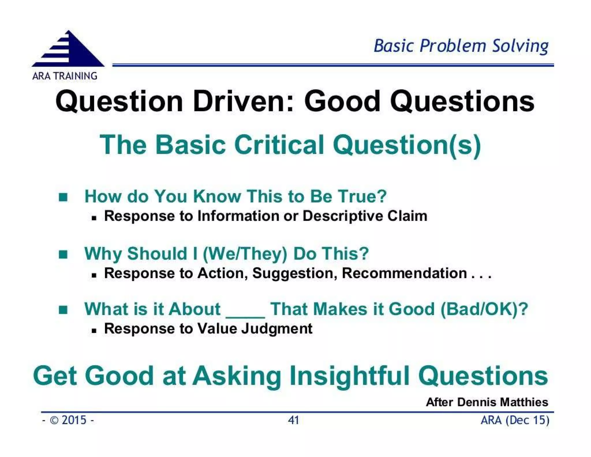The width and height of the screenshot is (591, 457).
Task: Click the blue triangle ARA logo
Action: (68, 50)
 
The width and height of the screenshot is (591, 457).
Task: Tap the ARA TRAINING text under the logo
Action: (65, 76)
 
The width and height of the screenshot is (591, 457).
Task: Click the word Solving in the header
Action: (520, 46)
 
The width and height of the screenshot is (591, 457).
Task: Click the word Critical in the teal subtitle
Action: (279, 145)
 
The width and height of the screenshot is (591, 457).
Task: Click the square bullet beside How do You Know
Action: (63, 197)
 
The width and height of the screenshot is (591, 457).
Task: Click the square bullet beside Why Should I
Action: (63, 254)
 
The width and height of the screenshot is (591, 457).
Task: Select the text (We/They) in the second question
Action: (245, 254)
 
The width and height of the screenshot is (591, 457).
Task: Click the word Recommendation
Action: (404, 273)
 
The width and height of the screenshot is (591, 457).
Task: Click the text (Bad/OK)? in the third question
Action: (484, 309)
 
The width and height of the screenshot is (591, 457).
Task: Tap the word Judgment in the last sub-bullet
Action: (276, 329)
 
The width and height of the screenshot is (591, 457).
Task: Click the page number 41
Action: (293, 420)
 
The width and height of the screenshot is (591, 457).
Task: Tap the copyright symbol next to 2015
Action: (54, 420)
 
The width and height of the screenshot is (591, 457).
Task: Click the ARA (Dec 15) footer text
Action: (515, 420)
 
